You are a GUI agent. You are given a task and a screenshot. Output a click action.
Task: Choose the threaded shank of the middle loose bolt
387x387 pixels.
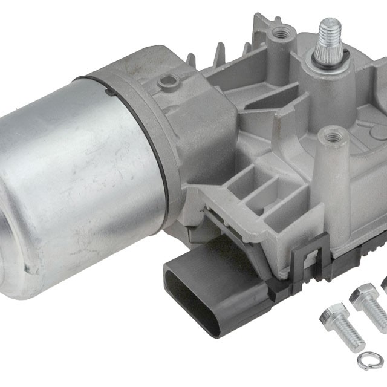pyautogui.click(x=379, y=314)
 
